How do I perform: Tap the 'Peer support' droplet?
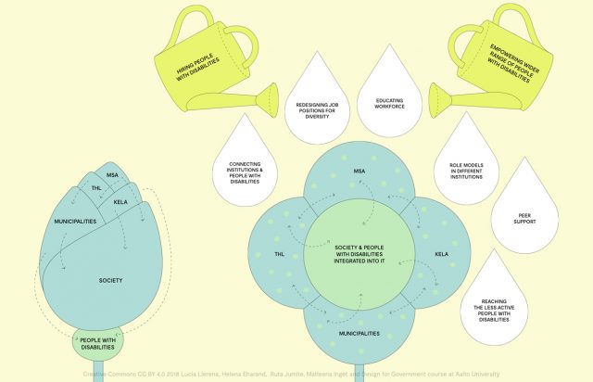point(516,219)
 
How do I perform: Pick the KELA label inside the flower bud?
point(120,201)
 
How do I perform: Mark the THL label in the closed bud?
point(95,188)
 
